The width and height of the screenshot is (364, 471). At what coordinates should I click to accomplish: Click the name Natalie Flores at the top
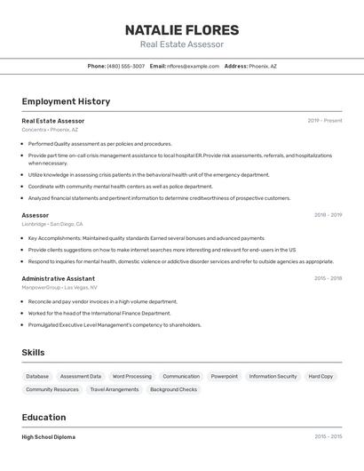tap(182, 29)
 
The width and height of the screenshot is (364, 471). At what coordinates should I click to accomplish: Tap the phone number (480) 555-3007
tap(125, 66)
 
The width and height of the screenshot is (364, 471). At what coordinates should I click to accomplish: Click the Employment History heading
tap(66, 101)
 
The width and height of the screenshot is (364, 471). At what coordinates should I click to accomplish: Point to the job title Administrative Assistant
tap(58, 278)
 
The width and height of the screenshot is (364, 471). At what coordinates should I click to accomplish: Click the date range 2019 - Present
tap(325, 121)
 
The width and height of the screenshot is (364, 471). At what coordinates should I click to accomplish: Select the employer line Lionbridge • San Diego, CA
tap(60, 224)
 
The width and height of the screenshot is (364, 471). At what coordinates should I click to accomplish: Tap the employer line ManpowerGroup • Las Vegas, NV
tap(59, 287)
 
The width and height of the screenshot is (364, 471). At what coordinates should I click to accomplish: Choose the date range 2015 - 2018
tap(328, 278)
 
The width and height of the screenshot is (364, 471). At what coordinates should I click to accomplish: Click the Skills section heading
tap(33, 353)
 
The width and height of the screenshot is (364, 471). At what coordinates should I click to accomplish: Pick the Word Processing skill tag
tap(131, 376)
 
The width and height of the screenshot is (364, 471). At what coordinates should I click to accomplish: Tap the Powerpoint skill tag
tap(224, 376)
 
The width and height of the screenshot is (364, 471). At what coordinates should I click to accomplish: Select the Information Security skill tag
tap(273, 376)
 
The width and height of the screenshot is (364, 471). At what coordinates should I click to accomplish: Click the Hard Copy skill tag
tap(320, 376)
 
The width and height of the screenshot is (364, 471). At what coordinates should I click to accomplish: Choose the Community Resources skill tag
tap(52, 389)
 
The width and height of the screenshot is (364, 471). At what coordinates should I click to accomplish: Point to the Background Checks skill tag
tap(173, 389)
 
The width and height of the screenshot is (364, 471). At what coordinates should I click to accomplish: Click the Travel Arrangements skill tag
tap(115, 389)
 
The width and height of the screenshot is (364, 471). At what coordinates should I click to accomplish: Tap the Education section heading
tap(44, 417)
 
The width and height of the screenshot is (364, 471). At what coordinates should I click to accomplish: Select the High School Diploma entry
tap(48, 437)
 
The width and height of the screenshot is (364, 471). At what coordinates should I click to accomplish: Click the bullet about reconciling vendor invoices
tap(102, 301)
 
